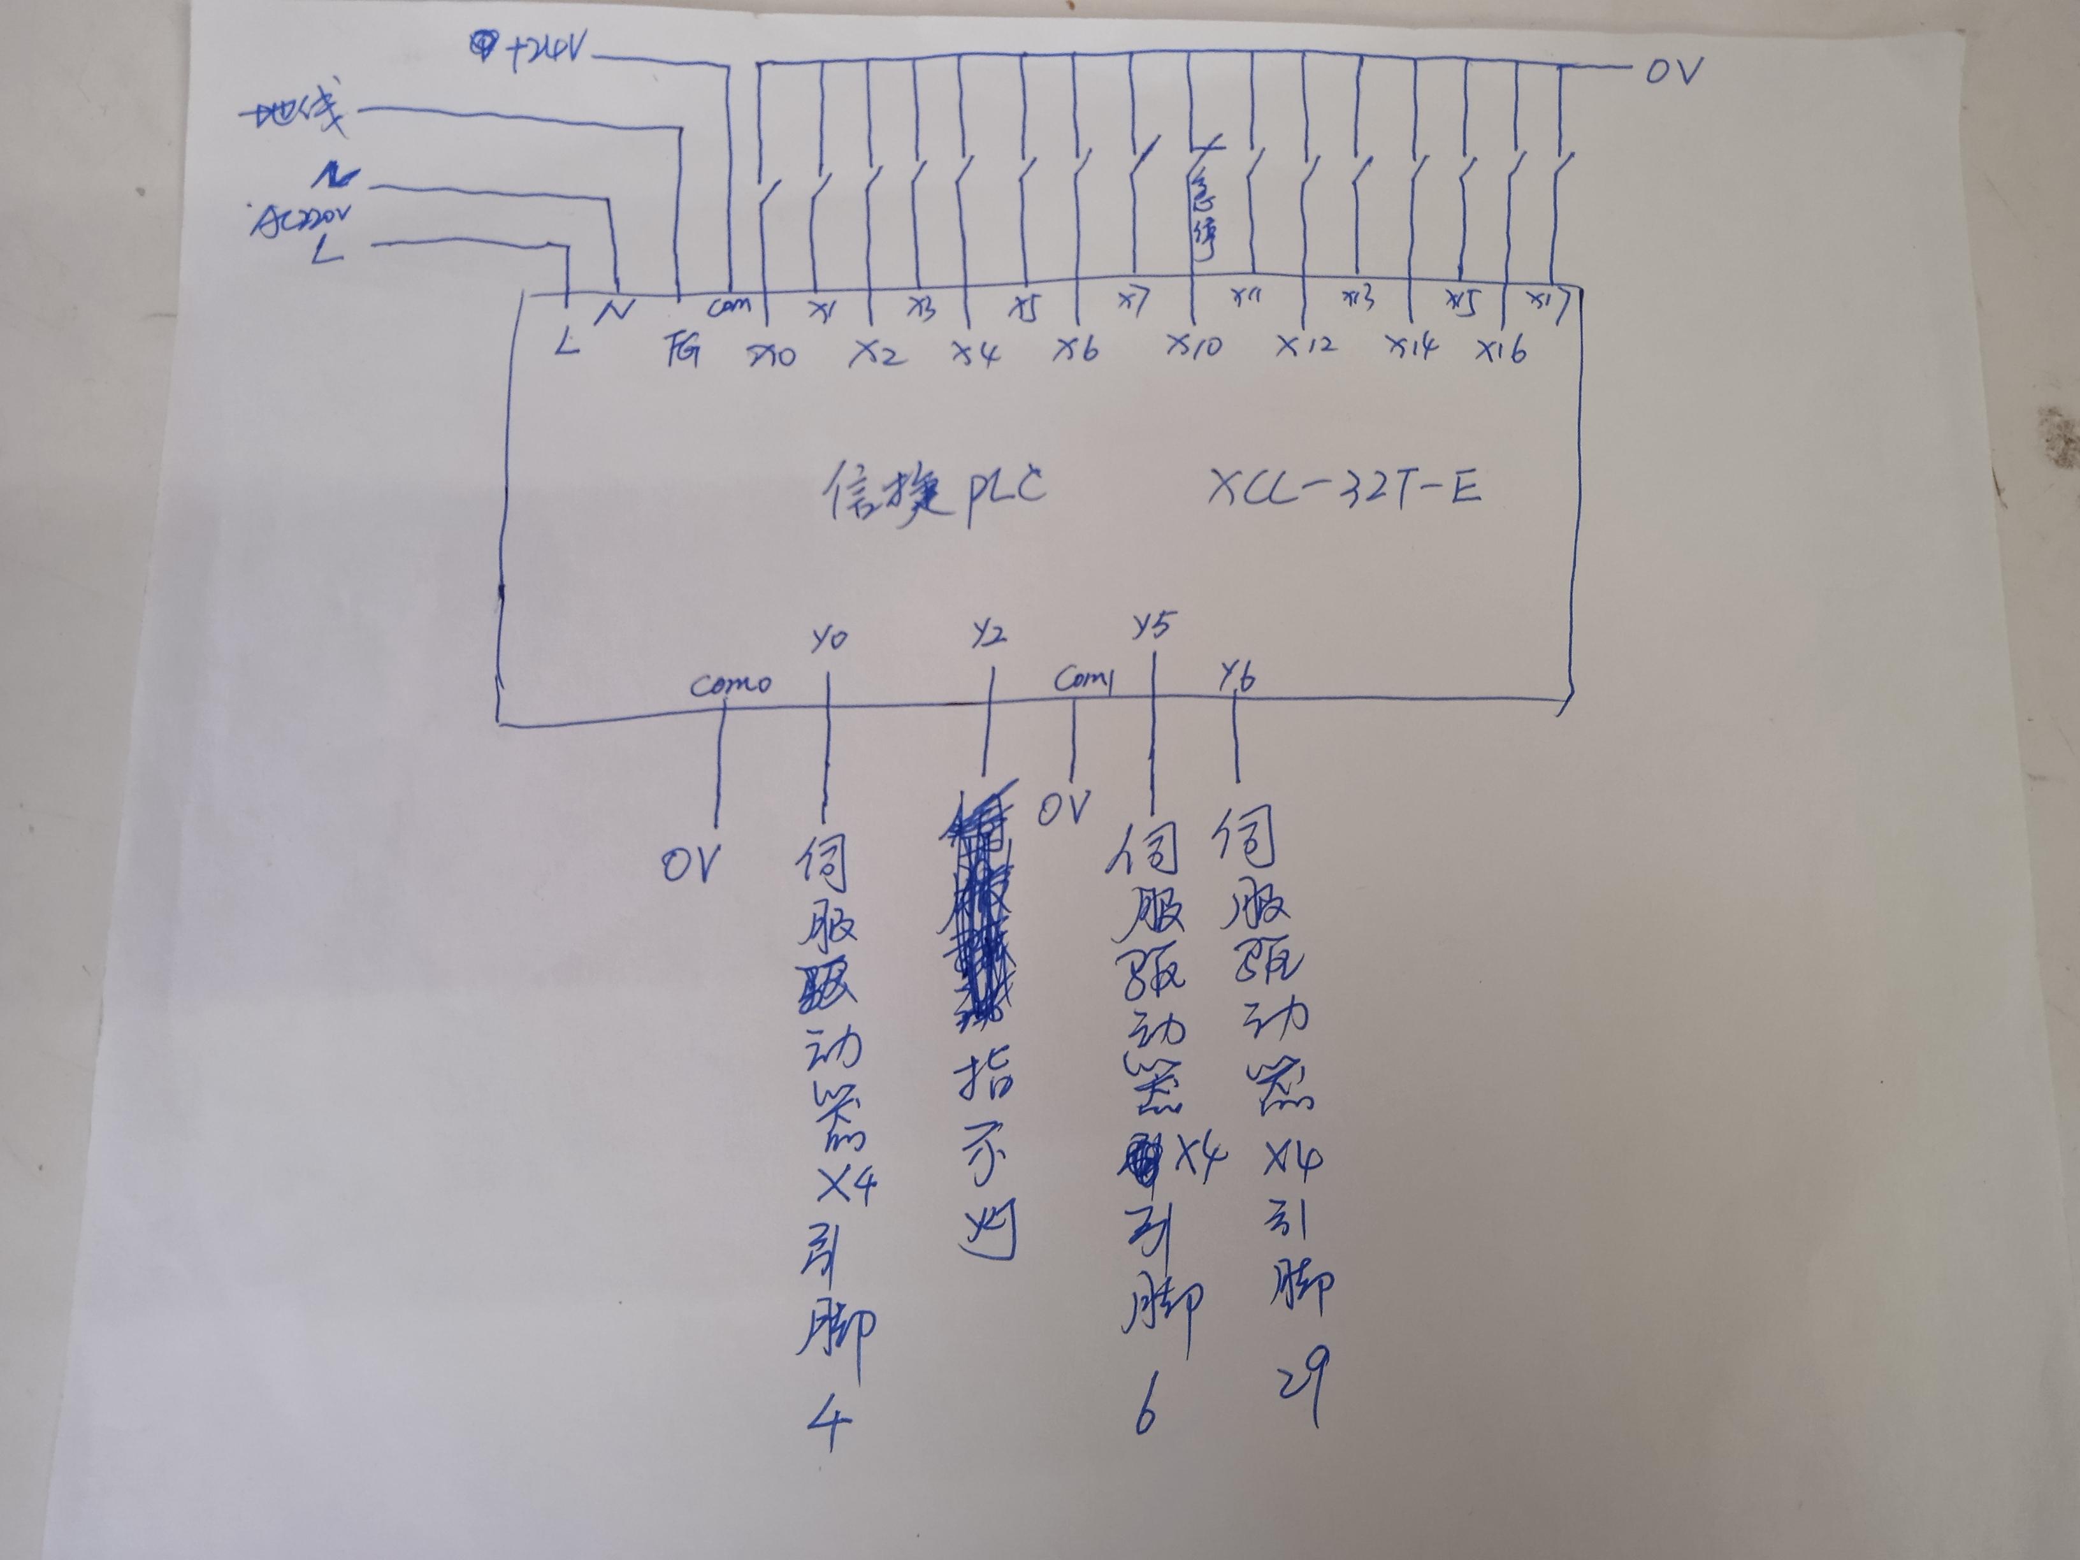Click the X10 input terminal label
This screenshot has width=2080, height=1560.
point(1194,346)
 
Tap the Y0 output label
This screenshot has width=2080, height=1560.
point(828,639)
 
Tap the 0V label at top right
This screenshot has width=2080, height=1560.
point(1674,71)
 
